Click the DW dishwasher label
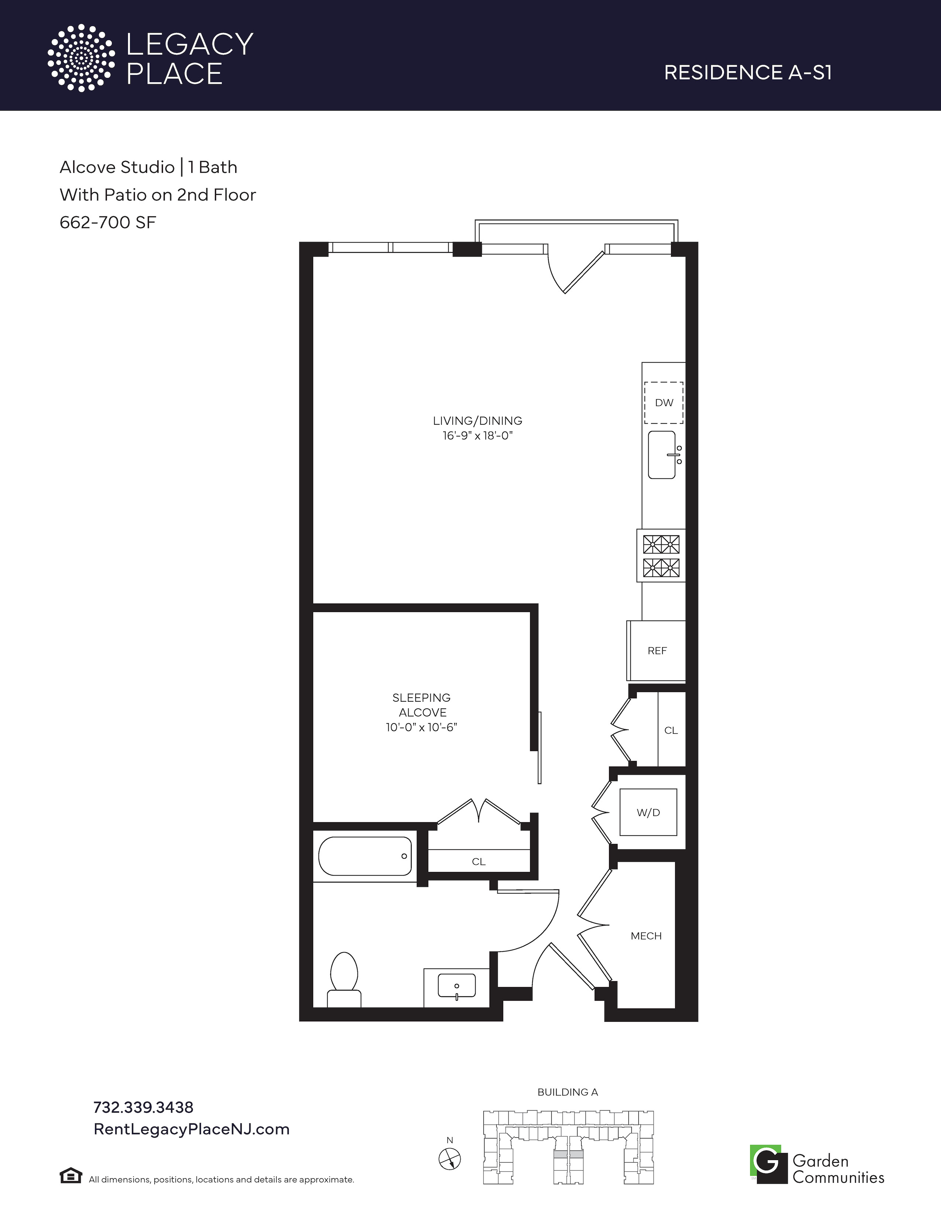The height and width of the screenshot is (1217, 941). pos(664,403)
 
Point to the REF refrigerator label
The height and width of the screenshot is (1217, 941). pos(657,651)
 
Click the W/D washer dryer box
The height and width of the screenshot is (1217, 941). pos(648,812)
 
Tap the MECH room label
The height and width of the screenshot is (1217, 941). pos(646,936)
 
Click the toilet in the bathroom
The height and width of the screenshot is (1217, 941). pos(344,979)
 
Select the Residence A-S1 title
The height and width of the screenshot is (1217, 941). pos(748,72)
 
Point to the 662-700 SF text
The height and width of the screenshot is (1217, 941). pos(108,222)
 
